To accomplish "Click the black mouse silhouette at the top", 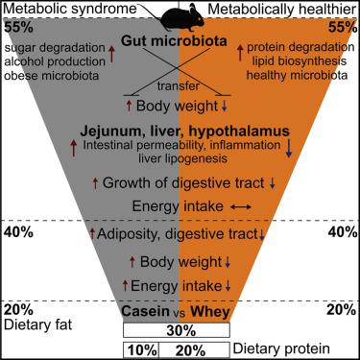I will [x=180, y=13].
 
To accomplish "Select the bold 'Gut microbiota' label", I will [x=180, y=43].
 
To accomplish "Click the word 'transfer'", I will [x=180, y=84].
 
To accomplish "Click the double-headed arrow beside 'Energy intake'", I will [x=241, y=206].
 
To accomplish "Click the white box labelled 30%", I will [x=179, y=329].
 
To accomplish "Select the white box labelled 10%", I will [x=141, y=350].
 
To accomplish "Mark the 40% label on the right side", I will [x=343, y=232].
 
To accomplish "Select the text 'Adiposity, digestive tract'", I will [x=177, y=233].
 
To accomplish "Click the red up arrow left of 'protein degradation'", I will [x=238, y=47].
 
